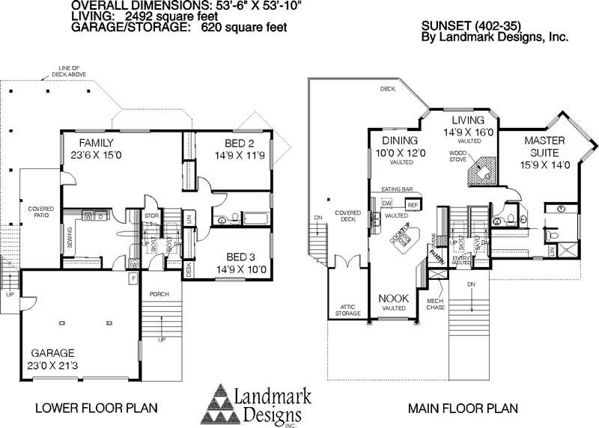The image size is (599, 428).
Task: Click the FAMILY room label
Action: (x=97, y=143)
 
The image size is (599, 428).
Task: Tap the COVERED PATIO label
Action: (x=39, y=213)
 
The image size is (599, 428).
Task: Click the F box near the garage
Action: (x=133, y=279)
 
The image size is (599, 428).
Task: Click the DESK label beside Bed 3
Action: (x=188, y=269)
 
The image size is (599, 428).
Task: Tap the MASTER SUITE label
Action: (x=544, y=147)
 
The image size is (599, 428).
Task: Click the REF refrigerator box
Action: (x=413, y=204)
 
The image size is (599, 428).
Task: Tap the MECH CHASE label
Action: (x=435, y=305)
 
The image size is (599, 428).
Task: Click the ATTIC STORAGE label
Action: (x=347, y=309)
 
